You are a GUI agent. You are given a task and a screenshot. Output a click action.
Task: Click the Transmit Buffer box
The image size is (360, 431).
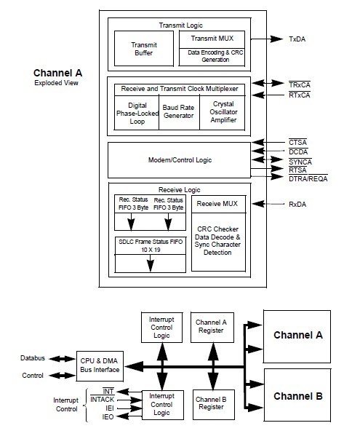pos(143,49)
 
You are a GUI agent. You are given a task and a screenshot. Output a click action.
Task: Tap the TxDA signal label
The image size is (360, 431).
pos(299,38)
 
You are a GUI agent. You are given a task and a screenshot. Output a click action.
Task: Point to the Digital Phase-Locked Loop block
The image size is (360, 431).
pos(136,113)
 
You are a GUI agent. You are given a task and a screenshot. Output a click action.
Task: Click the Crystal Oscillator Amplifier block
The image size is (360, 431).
pos(222,113)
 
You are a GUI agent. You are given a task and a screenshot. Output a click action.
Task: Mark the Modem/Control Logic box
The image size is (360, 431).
pos(178,159)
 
